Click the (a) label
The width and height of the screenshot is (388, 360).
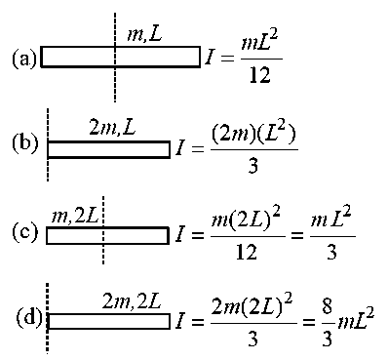pyautogui.click(x=24, y=60)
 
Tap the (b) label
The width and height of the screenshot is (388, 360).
pyautogui.click(x=25, y=143)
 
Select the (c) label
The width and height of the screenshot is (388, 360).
pyautogui.click(x=24, y=231)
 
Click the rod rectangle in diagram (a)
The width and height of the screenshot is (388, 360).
pyautogui.click(x=120, y=47)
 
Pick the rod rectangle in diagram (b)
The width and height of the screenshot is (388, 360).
pyautogui.click(x=108, y=142)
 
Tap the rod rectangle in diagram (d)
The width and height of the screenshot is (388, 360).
pyautogui.click(x=109, y=314)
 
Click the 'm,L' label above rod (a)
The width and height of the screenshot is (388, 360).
pyautogui.click(x=144, y=34)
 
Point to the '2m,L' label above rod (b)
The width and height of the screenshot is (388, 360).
pyautogui.click(x=112, y=128)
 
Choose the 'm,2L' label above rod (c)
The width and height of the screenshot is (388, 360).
pyautogui.click(x=75, y=216)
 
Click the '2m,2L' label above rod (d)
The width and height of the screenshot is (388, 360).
pyautogui.click(x=132, y=301)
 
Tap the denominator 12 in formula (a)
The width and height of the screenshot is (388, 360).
pyautogui.click(x=259, y=75)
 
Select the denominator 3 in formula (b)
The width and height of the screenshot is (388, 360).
pyautogui.click(x=252, y=166)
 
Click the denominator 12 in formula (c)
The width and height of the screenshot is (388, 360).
pyautogui.click(x=247, y=252)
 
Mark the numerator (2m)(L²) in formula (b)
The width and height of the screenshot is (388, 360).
pyautogui.click(x=253, y=135)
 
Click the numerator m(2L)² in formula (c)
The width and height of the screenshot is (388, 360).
pyautogui.click(x=246, y=220)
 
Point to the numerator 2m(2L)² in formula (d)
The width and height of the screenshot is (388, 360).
pyautogui.click(x=252, y=305)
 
